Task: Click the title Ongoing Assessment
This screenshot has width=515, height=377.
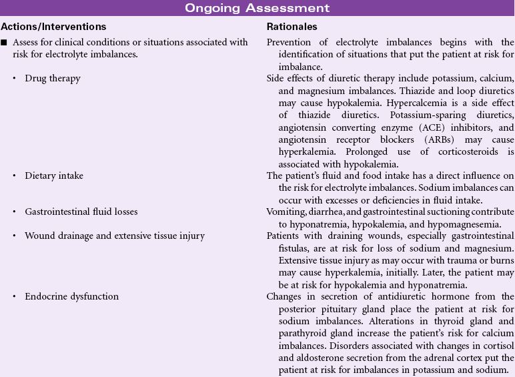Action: (257, 8)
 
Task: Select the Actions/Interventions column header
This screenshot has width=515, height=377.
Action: (53, 27)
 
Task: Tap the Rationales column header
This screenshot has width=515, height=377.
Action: (292, 27)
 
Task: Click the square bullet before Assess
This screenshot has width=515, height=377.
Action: (4, 43)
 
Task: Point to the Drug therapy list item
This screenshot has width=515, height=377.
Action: (52, 78)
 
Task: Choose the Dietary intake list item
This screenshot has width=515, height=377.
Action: (54, 175)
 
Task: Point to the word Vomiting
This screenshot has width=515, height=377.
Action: (286, 212)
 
